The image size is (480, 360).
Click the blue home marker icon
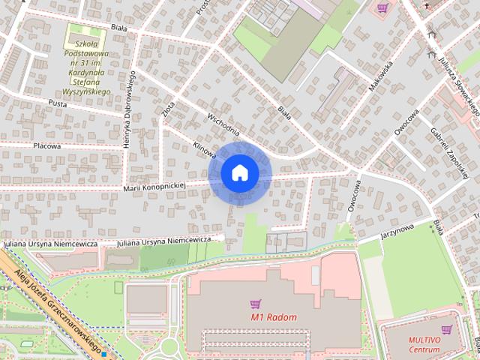pyautogui.click(x=240, y=173)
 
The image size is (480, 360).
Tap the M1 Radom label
pyautogui.click(x=274, y=317)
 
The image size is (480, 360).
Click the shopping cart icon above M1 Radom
pyautogui.click(x=256, y=304)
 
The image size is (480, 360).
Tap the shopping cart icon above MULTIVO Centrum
pyautogui.click(x=448, y=329)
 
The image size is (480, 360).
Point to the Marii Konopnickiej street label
pyautogui.click(x=154, y=185)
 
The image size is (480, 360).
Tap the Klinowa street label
pyautogui.click(x=204, y=148)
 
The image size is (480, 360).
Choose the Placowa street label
pyautogui.click(x=46, y=146)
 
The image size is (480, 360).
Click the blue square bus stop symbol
pyautogui.click(x=106, y=350)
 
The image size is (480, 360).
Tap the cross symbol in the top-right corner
pyautogui.click(x=427, y=5)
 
